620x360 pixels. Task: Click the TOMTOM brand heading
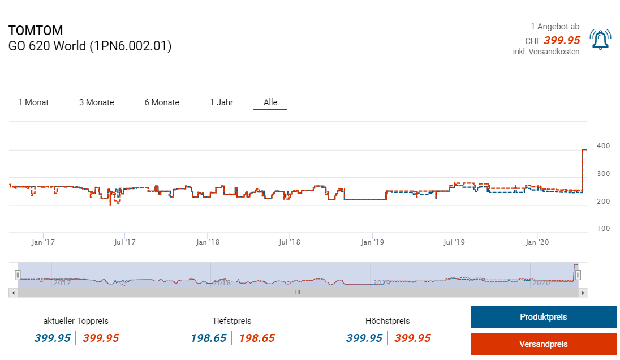36,31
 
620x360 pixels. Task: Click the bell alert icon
600,40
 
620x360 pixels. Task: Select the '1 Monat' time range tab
33,102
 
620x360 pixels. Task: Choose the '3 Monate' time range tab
96,102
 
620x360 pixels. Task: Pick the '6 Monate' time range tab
162,102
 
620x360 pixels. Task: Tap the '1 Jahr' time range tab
221,102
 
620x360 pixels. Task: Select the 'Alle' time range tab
270,102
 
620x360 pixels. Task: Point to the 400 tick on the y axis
603,146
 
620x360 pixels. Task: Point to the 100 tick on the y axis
603,229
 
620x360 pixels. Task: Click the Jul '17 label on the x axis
125,242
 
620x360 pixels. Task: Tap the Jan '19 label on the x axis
372,242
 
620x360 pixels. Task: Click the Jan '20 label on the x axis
537,242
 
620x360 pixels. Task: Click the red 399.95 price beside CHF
562,40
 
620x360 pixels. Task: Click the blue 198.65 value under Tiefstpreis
208,338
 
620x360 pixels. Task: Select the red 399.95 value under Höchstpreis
412,338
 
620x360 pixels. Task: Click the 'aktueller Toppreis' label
76,320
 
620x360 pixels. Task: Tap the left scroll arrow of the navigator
12,293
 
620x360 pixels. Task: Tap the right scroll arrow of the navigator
584,293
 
